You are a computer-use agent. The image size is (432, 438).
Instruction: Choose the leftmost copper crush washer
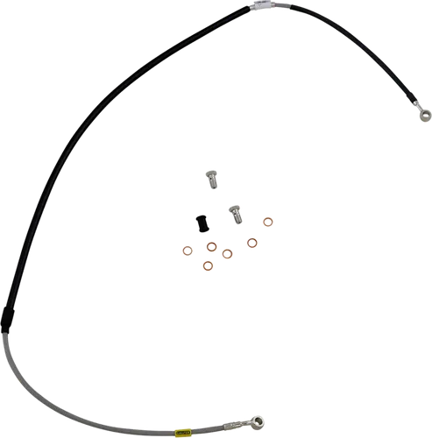tap(188, 251)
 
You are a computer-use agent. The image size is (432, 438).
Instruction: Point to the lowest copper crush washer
tap(208, 265)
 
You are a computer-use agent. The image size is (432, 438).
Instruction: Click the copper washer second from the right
tap(252, 242)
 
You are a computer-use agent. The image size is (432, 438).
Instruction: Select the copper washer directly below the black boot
tap(211, 246)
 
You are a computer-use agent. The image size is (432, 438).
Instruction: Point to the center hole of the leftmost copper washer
tap(188, 251)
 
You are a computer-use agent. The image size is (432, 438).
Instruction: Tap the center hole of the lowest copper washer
tap(208, 265)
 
